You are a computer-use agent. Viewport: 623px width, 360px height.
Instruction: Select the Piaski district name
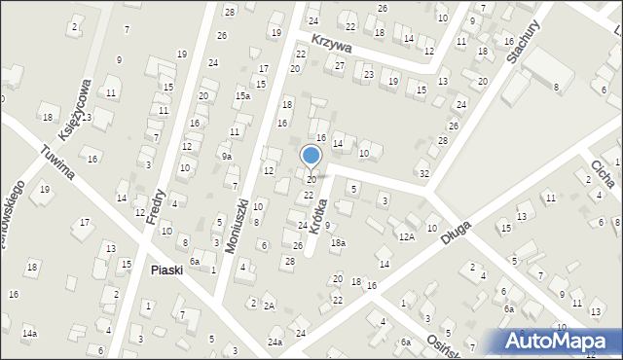pos(166,270)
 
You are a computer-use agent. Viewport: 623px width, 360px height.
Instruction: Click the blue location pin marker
pos(311,156)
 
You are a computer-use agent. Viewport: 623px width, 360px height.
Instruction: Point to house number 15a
pos(242,96)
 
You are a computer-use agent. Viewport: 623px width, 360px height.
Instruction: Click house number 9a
pos(226,156)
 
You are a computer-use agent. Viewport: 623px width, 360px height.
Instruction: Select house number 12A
pos(406,236)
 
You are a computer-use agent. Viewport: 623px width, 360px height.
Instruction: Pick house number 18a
pos(338,243)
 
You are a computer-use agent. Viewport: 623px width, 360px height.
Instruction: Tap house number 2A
pos(270,306)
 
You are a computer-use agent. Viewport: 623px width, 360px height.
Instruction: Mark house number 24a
pos(275,342)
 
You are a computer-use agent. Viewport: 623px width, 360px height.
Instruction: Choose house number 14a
pos(30,334)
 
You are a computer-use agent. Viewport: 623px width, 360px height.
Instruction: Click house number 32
pos(423,173)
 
